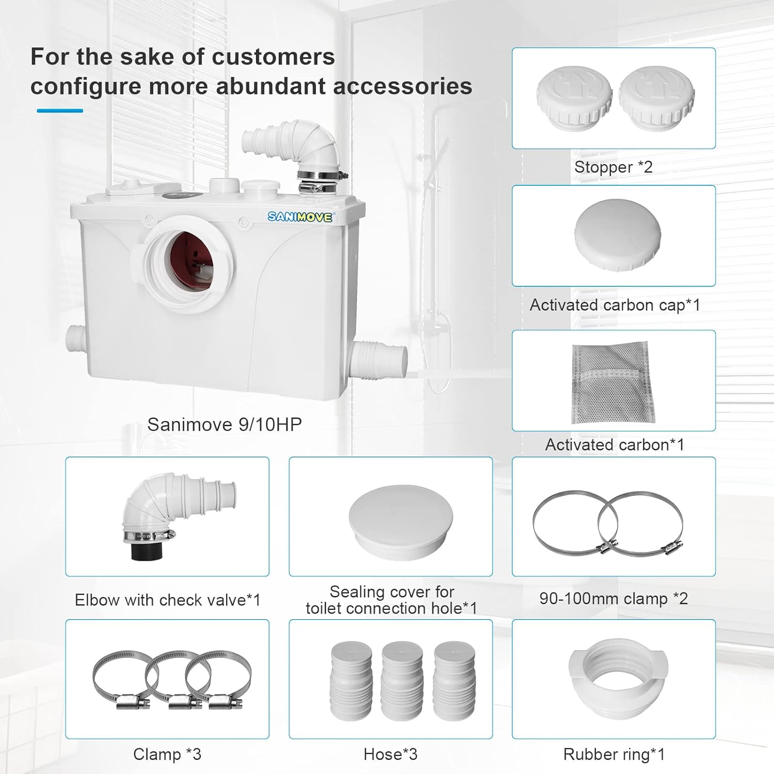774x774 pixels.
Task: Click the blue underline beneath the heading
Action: pyautogui.click(x=60, y=110)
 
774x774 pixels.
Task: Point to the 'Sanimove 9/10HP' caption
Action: pyautogui.click(x=224, y=424)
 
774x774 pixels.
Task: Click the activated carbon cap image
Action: pyautogui.click(x=618, y=234)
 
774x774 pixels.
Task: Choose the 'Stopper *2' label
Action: pyautogui.click(x=614, y=167)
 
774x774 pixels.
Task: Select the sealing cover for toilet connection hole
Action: pyautogui.click(x=401, y=522)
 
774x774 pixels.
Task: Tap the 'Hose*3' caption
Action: pyautogui.click(x=391, y=754)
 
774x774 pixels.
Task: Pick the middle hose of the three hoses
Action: pyautogui.click(x=402, y=681)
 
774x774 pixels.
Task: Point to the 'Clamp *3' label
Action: pyautogui.click(x=167, y=754)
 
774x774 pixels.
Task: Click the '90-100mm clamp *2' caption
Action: pyautogui.click(x=614, y=598)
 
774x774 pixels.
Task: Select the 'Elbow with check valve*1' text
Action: pyautogui.click(x=168, y=600)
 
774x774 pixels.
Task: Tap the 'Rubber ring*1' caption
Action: pyautogui.click(x=614, y=754)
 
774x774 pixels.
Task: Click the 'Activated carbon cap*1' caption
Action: pyautogui.click(x=615, y=305)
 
